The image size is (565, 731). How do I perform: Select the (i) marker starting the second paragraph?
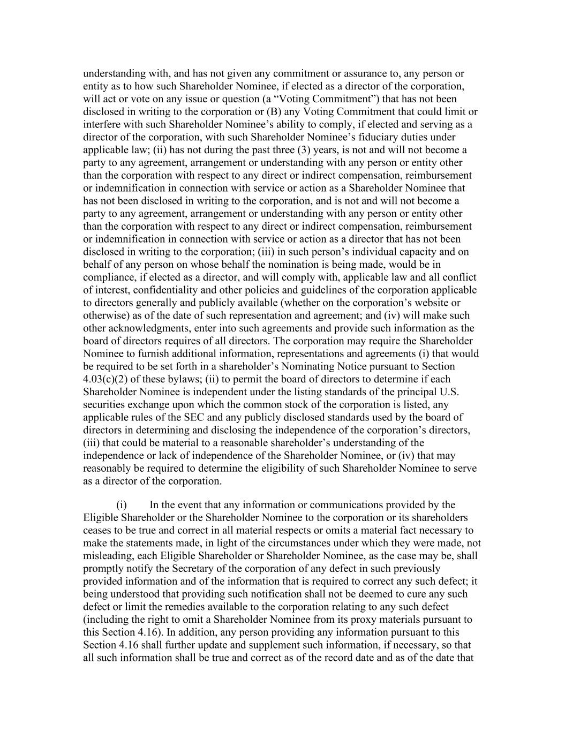point(122,504)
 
